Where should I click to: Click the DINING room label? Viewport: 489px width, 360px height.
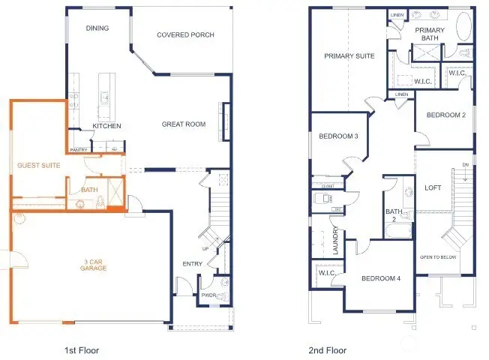coord(97,28)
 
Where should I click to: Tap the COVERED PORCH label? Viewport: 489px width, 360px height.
coord(185,34)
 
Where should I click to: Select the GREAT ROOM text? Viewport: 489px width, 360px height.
coord(183,124)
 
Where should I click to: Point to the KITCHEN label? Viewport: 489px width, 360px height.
coord(106,126)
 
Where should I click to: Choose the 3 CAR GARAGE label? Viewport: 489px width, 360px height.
coord(94,264)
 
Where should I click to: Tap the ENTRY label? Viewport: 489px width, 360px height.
coord(192,264)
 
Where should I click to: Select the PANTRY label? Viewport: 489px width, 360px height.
coord(79,150)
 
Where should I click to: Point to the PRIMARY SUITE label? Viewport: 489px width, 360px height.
coord(349,56)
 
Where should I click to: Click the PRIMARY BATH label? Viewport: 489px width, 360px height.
coord(430,34)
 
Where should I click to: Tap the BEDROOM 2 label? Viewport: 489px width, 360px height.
coord(446,115)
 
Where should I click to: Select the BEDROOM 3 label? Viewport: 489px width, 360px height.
coord(338,136)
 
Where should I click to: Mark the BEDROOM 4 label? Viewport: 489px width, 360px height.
coord(380,279)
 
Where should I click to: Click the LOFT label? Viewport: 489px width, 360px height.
coord(433,187)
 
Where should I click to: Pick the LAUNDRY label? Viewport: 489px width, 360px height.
coord(336,241)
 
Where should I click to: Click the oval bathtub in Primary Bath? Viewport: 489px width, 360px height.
coord(463,28)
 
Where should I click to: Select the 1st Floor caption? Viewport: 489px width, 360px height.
coord(82,349)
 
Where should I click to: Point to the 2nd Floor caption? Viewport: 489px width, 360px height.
coord(328,349)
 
